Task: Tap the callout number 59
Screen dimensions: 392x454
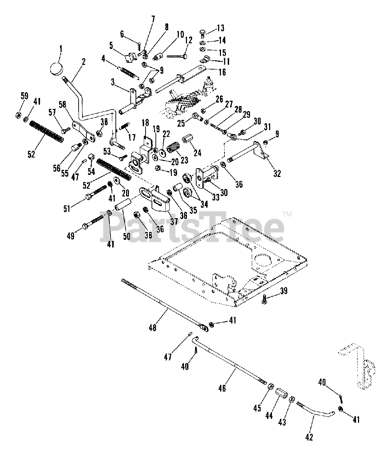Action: pyautogui.click(x=24, y=96)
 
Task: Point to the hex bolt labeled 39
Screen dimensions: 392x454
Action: pyautogui.click(x=264, y=299)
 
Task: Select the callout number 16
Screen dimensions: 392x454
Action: pyautogui.click(x=222, y=72)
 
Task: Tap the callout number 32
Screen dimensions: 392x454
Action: pyautogui.click(x=277, y=173)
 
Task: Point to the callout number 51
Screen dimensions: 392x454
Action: pyautogui.click(x=67, y=209)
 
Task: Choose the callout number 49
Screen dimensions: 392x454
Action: pyautogui.click(x=70, y=236)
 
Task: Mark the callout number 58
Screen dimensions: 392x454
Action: pyautogui.click(x=63, y=104)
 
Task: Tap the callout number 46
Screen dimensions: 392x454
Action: pyautogui.click(x=222, y=388)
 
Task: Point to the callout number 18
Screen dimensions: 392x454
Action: pyautogui.click(x=145, y=123)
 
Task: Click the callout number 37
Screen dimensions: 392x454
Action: pyautogui.click(x=174, y=221)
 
